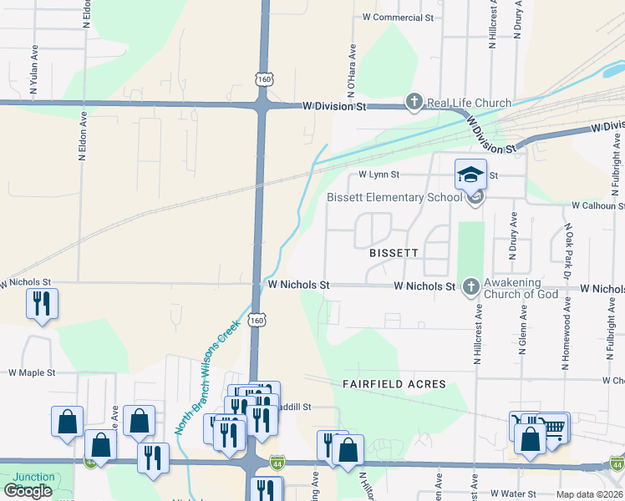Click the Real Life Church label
tap(469, 103)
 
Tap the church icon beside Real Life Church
tap(414, 103)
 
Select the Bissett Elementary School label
tap(394, 197)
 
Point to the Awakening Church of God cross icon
tap(470, 287)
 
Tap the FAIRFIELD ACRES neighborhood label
tap(394, 384)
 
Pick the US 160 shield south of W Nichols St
tap(257, 320)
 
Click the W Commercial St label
tap(399, 17)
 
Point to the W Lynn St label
tap(379, 175)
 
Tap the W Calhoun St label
tap(597, 205)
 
